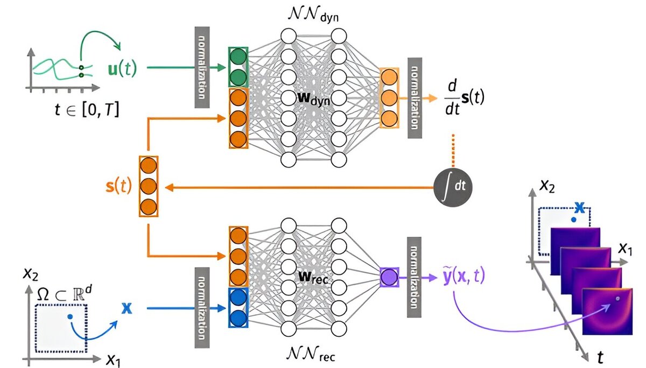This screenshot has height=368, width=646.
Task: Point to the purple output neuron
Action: pos(389,278)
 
